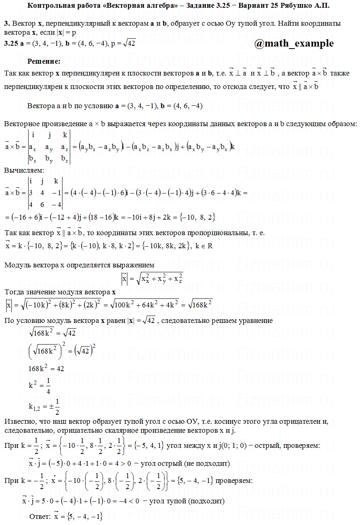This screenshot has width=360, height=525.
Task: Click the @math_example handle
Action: (294, 43)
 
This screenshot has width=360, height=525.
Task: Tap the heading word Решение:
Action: (44, 61)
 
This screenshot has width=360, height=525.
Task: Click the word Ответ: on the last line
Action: (40, 516)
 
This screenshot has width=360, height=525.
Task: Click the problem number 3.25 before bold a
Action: (11, 43)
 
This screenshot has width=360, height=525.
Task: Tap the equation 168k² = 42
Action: (46, 368)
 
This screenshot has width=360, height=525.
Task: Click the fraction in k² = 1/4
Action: (49, 385)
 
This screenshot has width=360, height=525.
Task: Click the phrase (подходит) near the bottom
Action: (206, 501)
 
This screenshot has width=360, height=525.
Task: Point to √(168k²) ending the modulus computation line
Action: (197, 304)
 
